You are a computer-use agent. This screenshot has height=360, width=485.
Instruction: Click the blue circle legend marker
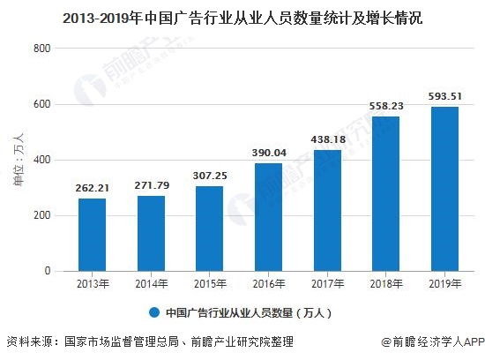153,313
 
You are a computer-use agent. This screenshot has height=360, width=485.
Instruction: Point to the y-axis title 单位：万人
18,160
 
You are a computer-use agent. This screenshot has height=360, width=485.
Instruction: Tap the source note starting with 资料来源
150,342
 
